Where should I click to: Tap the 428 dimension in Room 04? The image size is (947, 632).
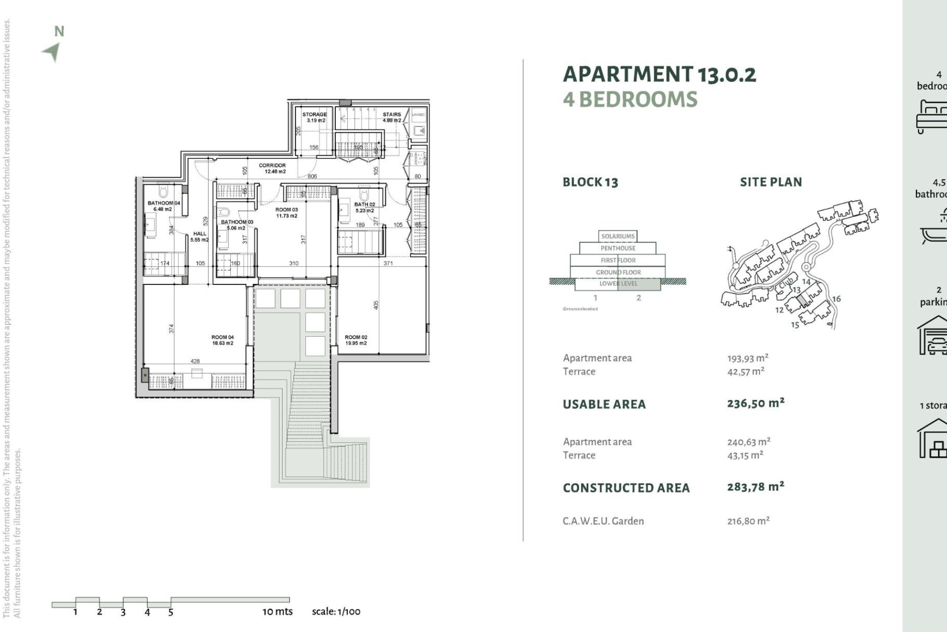[x=195, y=361]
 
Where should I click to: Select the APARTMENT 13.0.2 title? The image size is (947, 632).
[x=659, y=75]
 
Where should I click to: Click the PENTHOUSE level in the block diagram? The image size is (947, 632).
[x=618, y=248]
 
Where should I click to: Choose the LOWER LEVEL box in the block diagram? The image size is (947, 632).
[x=618, y=284]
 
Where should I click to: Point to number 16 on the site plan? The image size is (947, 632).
[x=836, y=299]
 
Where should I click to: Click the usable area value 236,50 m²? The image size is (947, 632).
[x=755, y=403]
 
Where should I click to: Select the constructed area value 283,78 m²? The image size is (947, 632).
[x=755, y=487]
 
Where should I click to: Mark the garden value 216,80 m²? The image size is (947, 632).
[x=748, y=521]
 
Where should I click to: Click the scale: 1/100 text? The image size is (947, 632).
[x=336, y=612]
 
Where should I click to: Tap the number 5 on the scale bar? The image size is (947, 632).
[x=171, y=613]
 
